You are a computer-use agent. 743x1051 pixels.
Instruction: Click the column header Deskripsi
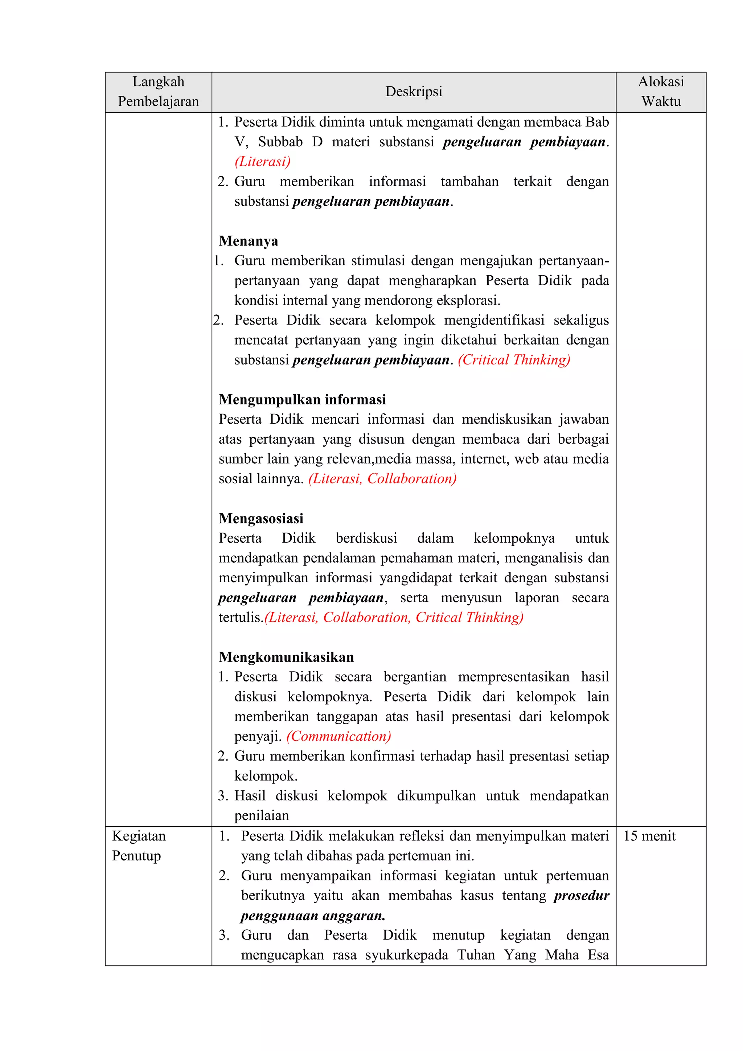pyautogui.click(x=414, y=91)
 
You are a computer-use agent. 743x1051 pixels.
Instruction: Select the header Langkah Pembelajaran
pyautogui.click(x=158, y=91)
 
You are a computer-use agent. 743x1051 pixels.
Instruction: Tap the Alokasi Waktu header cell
pyautogui.click(x=661, y=91)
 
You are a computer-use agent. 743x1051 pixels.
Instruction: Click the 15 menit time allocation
pyautogui.click(x=649, y=836)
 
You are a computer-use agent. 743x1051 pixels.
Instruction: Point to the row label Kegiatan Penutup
pyautogui.click(x=139, y=846)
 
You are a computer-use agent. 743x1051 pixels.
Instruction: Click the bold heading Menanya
pyautogui.click(x=249, y=241)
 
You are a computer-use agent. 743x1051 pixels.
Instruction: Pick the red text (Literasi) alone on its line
pyautogui.click(x=263, y=162)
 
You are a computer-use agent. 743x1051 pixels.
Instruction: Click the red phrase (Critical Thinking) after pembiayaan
pyautogui.click(x=514, y=360)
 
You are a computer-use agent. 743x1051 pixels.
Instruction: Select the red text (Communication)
pyautogui.click(x=339, y=736)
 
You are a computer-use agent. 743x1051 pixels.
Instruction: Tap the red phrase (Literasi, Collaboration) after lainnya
pyautogui.click(x=382, y=479)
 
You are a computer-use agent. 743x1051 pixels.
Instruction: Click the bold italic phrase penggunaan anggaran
pyautogui.click(x=313, y=916)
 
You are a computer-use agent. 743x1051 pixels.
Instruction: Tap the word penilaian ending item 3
pyautogui.click(x=262, y=815)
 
